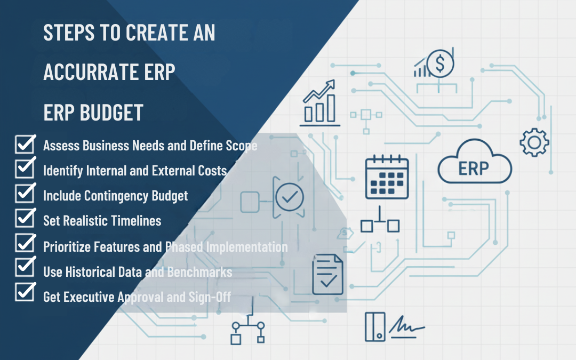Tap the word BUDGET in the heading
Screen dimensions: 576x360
111,113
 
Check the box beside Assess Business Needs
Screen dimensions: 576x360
25,143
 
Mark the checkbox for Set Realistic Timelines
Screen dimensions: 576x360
25,218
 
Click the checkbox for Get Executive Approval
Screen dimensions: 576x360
25,292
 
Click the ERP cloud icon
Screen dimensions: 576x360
475,161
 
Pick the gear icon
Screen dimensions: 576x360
534,142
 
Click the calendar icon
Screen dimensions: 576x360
387,177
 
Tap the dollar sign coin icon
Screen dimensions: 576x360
440,63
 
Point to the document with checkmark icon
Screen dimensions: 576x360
327,275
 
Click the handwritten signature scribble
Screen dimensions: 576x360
406,326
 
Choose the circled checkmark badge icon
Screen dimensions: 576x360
290,197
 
